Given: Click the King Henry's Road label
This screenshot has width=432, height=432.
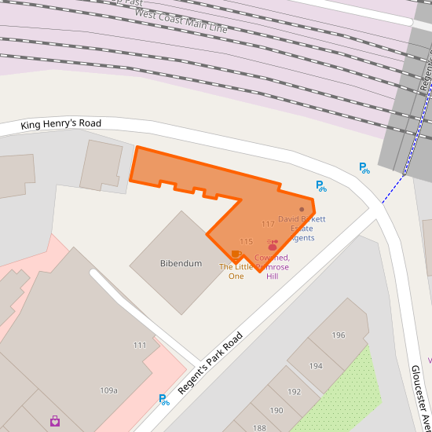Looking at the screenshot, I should tap(61, 124).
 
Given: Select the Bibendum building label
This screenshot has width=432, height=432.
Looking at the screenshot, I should tap(181, 263).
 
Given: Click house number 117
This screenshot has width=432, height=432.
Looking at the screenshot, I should tap(268, 225).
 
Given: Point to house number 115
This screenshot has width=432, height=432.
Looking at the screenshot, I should tap(246, 242).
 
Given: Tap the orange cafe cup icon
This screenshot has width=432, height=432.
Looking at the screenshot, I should tap(236, 254).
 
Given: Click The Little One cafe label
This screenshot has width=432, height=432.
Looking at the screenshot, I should tap(236, 272).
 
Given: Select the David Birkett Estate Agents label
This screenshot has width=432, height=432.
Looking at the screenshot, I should tap(302, 228).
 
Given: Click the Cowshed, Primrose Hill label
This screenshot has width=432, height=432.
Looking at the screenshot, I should tap(272, 267).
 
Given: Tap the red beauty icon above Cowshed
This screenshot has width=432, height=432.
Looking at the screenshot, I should tap(273, 245).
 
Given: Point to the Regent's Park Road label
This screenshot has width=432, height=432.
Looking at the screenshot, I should tap(210, 363).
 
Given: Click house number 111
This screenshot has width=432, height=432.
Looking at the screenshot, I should tap(140, 345).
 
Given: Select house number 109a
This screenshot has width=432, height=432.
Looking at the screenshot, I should tap(108, 390).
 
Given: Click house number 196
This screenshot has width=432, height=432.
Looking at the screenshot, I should tap(339, 335).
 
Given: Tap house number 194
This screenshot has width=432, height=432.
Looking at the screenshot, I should tap(316, 366).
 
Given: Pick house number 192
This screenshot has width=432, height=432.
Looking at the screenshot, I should tap(295, 392).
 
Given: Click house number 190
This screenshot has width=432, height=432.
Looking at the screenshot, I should tap(276, 411).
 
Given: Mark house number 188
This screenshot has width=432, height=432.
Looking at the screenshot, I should tap(259, 428).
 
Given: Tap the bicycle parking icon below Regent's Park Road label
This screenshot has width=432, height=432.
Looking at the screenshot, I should tap(164, 400).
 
